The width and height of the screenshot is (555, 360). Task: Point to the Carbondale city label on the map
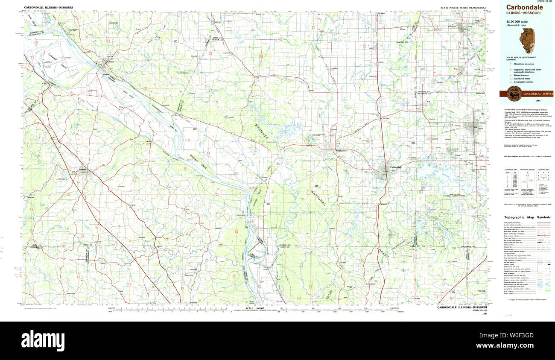395,167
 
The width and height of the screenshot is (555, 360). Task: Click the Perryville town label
82,170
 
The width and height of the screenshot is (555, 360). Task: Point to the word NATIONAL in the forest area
318,196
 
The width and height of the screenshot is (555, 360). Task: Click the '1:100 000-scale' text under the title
517,22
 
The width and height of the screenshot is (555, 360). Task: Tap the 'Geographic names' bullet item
524,81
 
